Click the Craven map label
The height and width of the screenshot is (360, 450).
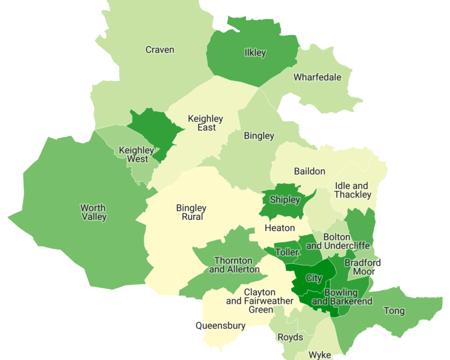coord(160,49)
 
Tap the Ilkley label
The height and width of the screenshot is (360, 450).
coord(255,53)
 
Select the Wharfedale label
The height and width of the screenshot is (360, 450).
coord(317,77)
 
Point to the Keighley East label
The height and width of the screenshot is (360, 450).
coord(205,123)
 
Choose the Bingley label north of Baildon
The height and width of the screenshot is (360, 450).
coord(259,136)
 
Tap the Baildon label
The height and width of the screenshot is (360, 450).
coord(309,171)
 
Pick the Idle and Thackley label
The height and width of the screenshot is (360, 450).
coord(353,190)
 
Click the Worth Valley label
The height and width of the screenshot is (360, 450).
coord(93,212)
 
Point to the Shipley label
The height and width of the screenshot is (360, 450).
coord(285,200)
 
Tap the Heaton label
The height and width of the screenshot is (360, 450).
coord(280,228)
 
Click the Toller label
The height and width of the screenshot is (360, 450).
coord(287,252)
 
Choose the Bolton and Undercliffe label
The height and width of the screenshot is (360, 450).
coord(337,241)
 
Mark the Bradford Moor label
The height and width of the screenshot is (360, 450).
coord(362,267)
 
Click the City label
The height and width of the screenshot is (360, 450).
coord(313,278)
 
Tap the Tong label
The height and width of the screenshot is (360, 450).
coord(394,310)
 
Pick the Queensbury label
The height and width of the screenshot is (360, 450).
coord(220,325)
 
